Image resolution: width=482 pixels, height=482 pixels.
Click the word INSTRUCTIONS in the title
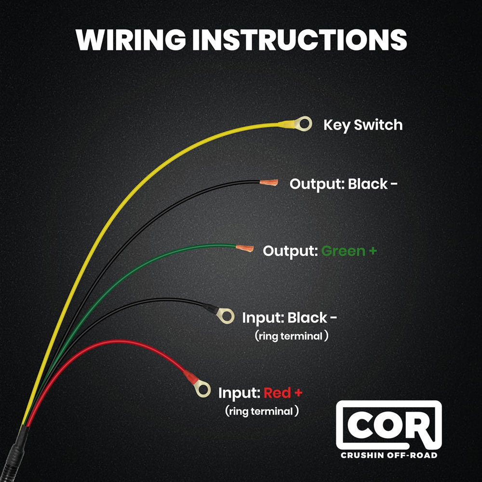299,40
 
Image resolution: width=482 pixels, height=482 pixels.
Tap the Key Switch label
362,125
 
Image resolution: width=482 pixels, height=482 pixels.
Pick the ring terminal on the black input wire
225,315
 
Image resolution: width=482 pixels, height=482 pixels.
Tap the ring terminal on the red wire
203,388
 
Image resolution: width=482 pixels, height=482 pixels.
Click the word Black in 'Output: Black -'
367,184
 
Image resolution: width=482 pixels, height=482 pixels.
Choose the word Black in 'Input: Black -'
307,318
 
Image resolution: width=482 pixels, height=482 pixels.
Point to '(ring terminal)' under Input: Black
291,336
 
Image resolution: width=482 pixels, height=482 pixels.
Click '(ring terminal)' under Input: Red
262,411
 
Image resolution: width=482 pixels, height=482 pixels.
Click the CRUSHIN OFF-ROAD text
388,455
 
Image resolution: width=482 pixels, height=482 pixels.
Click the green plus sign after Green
373,251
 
